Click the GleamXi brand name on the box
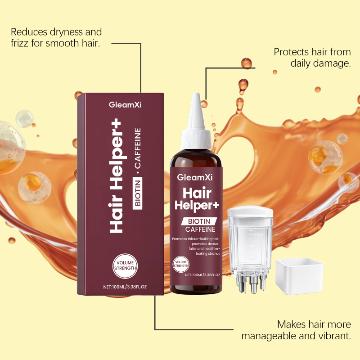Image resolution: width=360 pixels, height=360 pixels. click(125, 105)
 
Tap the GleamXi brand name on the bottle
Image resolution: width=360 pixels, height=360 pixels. click(195, 177)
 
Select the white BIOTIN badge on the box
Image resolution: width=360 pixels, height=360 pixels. click(138, 193)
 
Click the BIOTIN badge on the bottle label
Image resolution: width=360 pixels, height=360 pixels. click(199, 221)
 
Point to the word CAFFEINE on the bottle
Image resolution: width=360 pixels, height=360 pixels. click(200, 229)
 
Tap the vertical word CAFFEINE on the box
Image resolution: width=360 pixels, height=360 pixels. click(138, 148)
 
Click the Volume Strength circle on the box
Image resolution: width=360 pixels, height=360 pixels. click(125, 266)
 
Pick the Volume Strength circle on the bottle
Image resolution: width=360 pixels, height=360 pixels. click(181, 264)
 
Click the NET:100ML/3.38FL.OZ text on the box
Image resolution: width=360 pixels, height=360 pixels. click(125, 287)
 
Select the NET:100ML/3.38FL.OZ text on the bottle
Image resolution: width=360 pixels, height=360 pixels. click(202, 275)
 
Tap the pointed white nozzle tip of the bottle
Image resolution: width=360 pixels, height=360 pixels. click(196, 94)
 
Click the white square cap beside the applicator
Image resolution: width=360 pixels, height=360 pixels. click(300, 276)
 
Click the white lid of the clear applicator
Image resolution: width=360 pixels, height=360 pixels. click(250, 211)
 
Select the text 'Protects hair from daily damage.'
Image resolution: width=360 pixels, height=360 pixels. click(312, 58)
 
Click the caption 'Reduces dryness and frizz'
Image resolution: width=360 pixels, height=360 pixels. click(56, 37)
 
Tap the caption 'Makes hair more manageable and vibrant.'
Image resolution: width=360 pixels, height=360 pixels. click(296, 330)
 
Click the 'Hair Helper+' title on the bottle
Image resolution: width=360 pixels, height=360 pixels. click(197, 199)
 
